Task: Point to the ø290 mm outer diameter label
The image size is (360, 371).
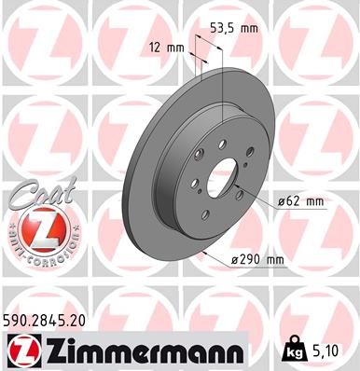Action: (x=258, y=261)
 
